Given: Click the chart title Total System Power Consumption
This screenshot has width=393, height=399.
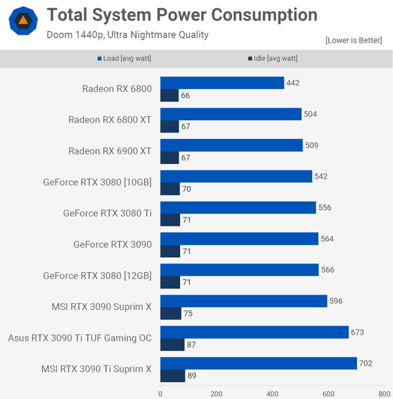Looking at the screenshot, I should (182, 15).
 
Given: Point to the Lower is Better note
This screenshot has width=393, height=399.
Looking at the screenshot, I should (353, 41).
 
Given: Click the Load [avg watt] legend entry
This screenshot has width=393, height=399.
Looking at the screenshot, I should (124, 58).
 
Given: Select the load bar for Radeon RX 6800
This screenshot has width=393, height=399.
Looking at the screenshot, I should (222, 83).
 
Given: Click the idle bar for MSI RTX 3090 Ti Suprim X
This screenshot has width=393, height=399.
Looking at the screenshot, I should (172, 376).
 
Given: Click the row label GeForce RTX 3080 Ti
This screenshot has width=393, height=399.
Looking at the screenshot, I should (107, 213).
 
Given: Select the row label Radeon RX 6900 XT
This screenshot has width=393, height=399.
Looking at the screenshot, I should (110, 151).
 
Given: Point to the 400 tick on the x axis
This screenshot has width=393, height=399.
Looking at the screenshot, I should (272, 394).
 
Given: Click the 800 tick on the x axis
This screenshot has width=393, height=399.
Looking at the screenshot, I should (383, 394).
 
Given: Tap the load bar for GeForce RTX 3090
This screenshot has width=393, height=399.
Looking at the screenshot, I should (239, 239).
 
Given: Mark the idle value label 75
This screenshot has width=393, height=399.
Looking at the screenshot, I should (187, 314).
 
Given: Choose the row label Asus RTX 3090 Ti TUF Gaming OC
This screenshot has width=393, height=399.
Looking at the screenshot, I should (80, 338).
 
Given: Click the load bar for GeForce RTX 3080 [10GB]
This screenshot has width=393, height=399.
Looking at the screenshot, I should (236, 176).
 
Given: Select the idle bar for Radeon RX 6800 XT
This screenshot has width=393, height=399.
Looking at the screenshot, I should (170, 127).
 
